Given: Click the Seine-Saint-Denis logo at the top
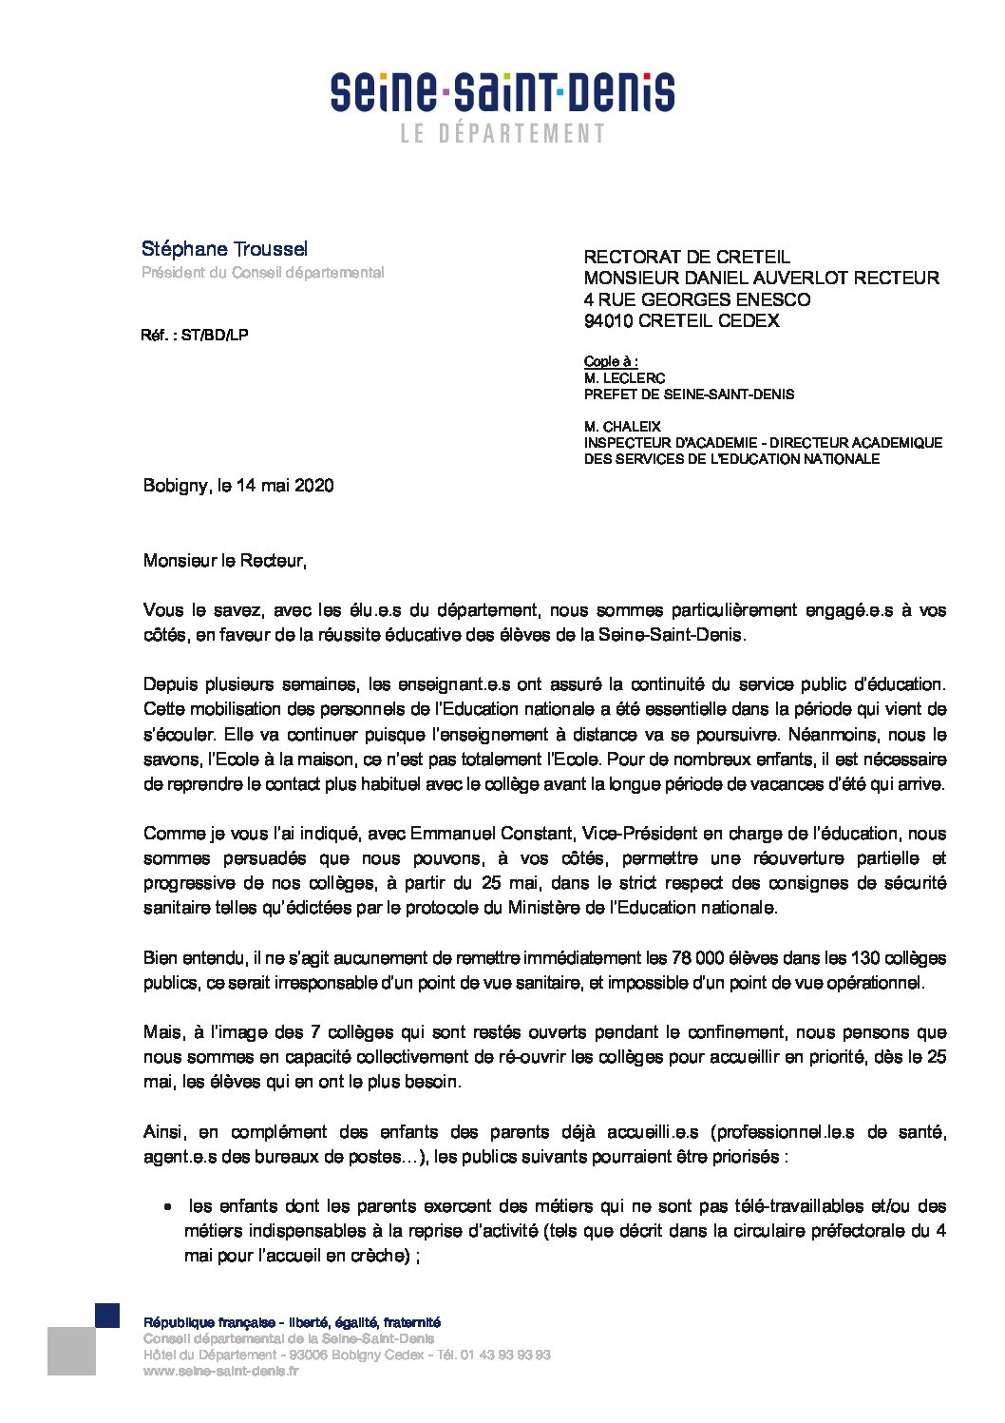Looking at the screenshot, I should (502, 93).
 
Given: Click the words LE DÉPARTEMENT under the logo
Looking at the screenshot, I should (502, 134).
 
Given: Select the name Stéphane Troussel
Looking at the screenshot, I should (224, 249).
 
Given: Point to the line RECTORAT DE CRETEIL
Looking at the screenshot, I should (686, 257).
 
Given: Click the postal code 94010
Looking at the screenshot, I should (609, 321).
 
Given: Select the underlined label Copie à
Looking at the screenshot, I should (610, 362).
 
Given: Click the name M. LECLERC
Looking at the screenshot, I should (624, 378).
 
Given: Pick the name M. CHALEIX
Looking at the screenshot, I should (622, 427).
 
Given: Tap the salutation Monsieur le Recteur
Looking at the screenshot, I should (224, 561).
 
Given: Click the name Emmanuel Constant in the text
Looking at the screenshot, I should (491, 834).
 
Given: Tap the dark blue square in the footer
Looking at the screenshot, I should (107, 1315).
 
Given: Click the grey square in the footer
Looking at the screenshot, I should (71, 1351).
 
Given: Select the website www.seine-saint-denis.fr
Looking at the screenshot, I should (221, 1372).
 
